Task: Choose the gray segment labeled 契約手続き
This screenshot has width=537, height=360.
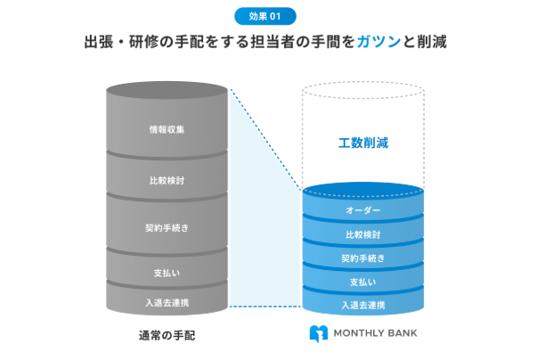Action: tap(167, 227)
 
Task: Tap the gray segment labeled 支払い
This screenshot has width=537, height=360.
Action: tap(167, 271)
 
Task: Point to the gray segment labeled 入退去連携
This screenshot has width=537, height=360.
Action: tap(167, 302)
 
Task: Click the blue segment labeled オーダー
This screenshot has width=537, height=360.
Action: tap(362, 211)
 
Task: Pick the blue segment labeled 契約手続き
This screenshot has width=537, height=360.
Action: tap(362, 259)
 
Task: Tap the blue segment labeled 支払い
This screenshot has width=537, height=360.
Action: tap(362, 282)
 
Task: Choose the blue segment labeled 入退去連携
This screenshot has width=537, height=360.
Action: tap(362, 306)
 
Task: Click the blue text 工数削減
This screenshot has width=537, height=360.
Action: tap(363, 142)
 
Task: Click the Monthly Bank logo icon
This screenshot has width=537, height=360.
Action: tap(318, 334)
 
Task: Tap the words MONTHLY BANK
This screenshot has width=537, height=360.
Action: tap(375, 334)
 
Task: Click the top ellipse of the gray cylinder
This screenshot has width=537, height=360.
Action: tap(167, 90)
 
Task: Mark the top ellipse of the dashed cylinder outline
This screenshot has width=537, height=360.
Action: tap(362, 90)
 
